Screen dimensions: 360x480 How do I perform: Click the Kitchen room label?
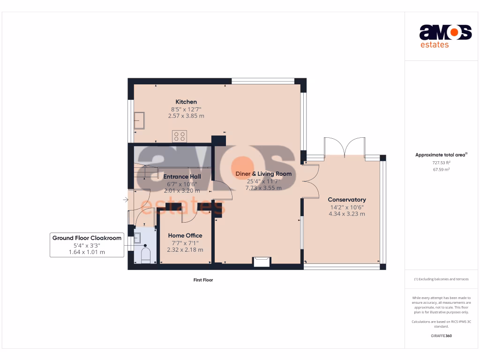pos(186,102)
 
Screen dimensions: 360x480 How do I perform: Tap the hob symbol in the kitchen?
pos(179,136)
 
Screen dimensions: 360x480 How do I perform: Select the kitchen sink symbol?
pos(139,120)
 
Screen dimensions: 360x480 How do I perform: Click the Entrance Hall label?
pos(182,177)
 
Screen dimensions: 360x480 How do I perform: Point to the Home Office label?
pos(185,235)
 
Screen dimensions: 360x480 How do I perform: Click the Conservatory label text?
pos(347,200)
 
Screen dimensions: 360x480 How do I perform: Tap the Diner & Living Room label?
pos(263,174)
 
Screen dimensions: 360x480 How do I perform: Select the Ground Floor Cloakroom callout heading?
pos(87,238)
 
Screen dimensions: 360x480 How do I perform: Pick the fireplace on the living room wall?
pos(262,262)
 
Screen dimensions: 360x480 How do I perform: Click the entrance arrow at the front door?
pos(126,200)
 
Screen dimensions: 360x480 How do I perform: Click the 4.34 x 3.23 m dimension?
pos(347,214)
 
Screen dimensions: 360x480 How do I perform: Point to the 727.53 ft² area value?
pos(441,163)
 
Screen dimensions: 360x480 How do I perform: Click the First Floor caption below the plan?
pos(203,280)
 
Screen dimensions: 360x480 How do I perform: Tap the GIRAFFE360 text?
pos(441,336)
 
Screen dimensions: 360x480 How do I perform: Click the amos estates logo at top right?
pos(445,37)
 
